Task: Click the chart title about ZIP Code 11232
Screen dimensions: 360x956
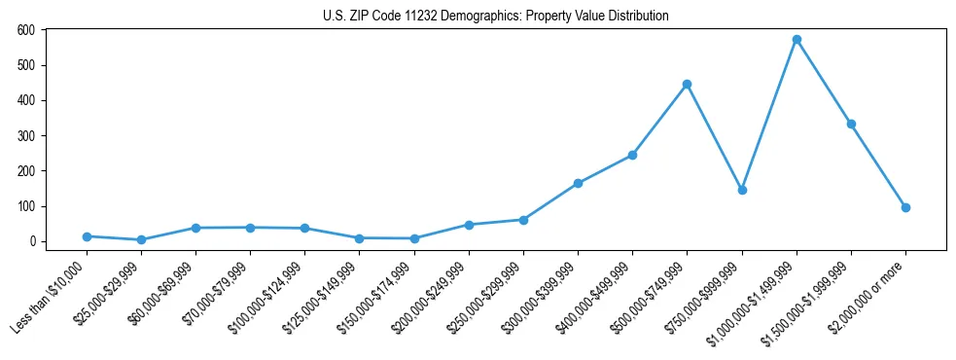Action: [x=495, y=17]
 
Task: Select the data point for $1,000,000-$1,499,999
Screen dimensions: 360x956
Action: [x=797, y=40]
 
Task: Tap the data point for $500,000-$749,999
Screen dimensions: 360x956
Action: [x=687, y=85]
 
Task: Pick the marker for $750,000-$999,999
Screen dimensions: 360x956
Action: [x=742, y=190]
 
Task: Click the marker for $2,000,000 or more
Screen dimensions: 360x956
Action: [x=905, y=207]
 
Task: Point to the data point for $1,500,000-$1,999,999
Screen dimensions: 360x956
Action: [x=851, y=124]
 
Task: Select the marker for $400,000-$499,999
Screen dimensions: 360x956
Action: [x=632, y=155]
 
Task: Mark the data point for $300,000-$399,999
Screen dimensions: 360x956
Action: [x=578, y=183]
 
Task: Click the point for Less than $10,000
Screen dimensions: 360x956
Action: [x=87, y=236]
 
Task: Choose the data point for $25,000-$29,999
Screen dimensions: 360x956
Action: [x=141, y=239]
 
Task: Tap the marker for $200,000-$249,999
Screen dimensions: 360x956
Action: [x=469, y=225]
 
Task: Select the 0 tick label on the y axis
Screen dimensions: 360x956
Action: [x=32, y=241]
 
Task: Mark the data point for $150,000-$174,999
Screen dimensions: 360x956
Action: [x=414, y=238]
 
